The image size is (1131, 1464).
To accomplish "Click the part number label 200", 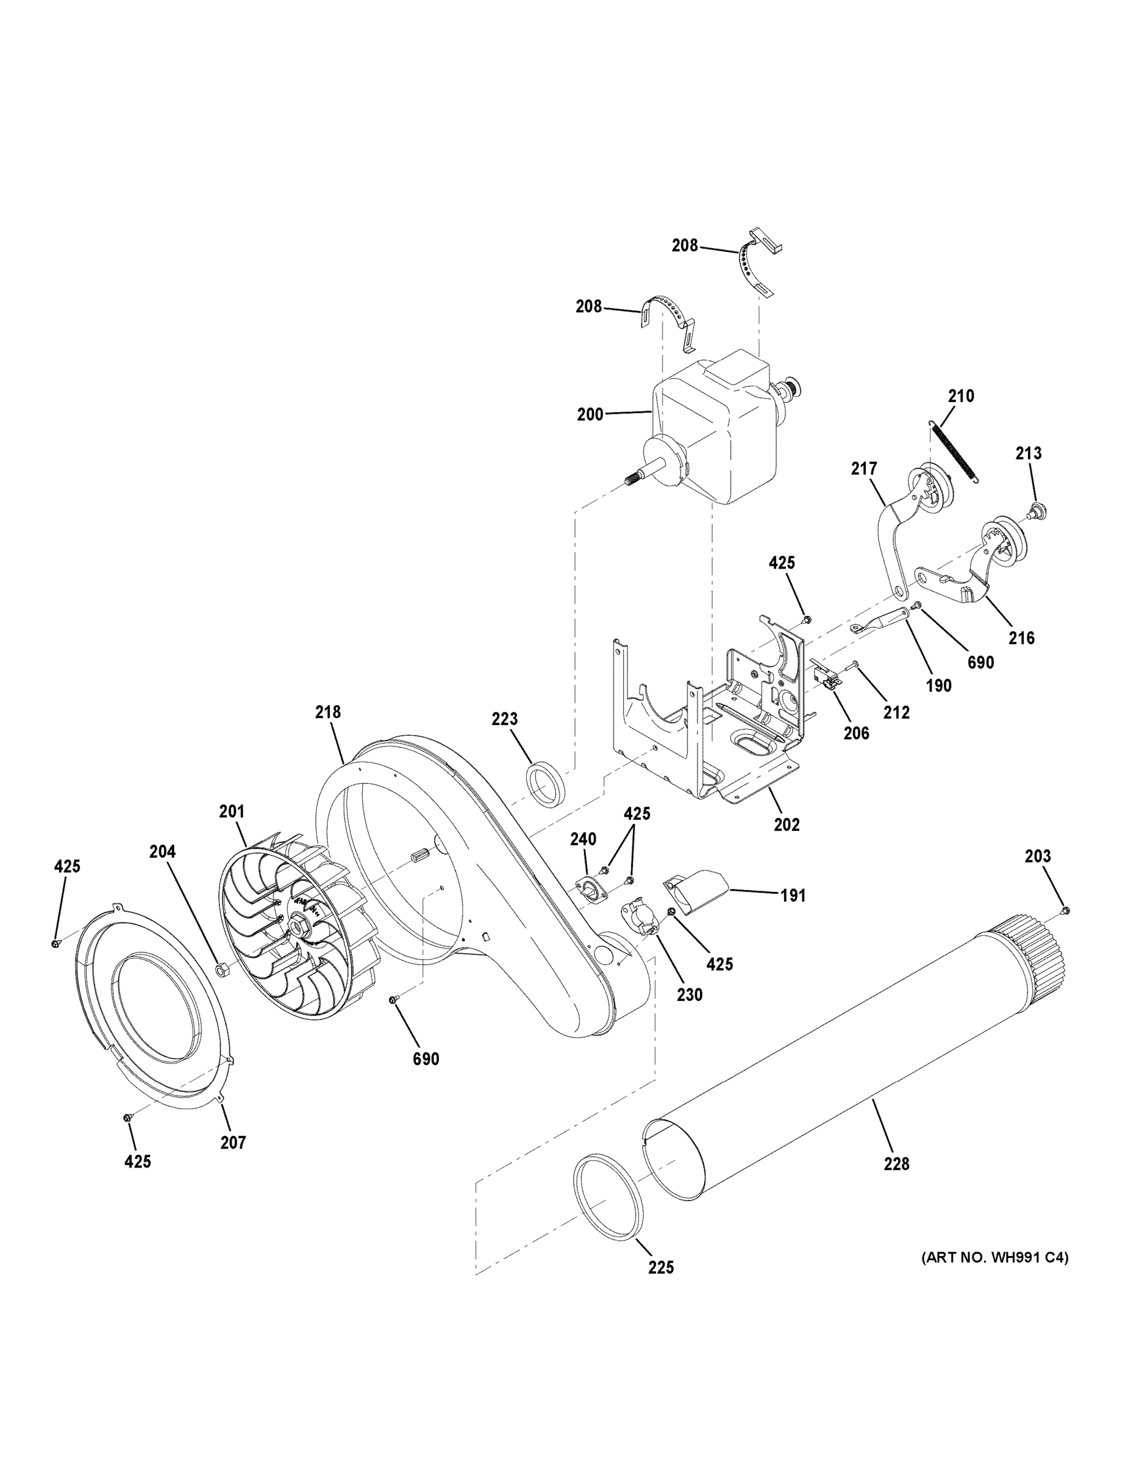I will (590, 415).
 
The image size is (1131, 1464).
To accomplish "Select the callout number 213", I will (1028, 453).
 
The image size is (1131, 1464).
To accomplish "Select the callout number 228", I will (896, 1164).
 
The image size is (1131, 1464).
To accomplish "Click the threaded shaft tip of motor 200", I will (631, 481).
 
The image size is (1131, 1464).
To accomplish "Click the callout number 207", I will (233, 1143).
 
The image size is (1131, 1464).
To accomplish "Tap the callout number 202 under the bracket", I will (787, 825).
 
